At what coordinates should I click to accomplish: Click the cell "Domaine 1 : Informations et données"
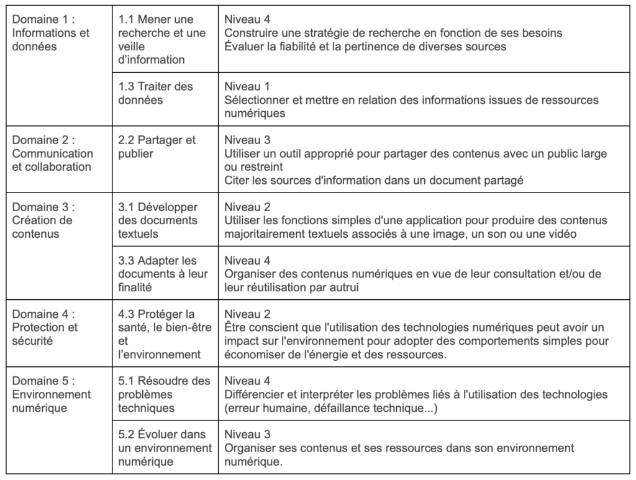[51, 33]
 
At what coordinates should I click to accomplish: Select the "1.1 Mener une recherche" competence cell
[157, 40]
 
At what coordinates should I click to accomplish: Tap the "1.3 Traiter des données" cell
[156, 93]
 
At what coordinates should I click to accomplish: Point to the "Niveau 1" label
[247, 86]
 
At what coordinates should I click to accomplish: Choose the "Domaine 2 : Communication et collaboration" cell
[53, 153]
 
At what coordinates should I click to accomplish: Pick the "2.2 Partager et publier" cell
[157, 147]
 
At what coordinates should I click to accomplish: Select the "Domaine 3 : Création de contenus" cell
[42, 220]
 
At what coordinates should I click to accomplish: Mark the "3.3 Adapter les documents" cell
[163, 274]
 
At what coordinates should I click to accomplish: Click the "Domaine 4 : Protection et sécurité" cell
[45, 327]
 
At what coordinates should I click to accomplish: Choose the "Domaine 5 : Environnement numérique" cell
[51, 394]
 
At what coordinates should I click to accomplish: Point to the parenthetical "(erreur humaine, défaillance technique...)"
[331, 407]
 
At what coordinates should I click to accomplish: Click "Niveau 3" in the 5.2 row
[247, 434]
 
